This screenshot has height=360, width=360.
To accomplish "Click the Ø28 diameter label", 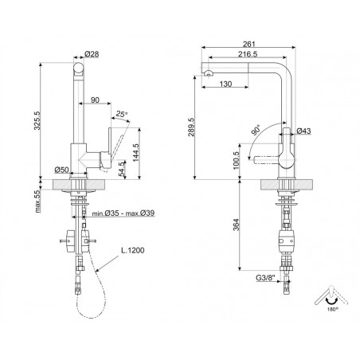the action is [92, 54].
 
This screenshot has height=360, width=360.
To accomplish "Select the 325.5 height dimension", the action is [37, 120].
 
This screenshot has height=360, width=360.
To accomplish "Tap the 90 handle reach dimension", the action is [95, 100].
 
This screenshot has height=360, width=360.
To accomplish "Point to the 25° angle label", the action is [122, 114].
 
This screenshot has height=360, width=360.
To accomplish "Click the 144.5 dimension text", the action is [135, 153].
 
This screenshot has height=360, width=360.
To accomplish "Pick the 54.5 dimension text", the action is [122, 169].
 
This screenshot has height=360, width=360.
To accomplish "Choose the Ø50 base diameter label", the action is [61, 170].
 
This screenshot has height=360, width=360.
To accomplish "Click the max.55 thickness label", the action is [37, 201].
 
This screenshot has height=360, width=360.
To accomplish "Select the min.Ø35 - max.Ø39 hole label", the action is [123, 213].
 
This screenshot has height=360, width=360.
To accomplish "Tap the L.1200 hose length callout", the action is [133, 250].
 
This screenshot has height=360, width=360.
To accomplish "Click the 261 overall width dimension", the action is [248, 44].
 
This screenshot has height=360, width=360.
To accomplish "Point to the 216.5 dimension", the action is [248, 54].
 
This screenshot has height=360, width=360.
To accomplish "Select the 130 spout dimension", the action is [225, 84].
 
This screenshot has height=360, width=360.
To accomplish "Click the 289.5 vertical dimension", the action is [191, 127].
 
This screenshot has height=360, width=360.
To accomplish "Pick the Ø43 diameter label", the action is [303, 131].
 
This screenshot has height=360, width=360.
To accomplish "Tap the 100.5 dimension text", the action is [237, 160].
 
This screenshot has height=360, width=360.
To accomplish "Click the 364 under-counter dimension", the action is [237, 225].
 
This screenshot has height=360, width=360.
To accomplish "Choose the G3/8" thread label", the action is [266, 278].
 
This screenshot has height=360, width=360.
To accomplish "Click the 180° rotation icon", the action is [331, 299].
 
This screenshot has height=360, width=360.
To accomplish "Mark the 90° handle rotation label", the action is [256, 131].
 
